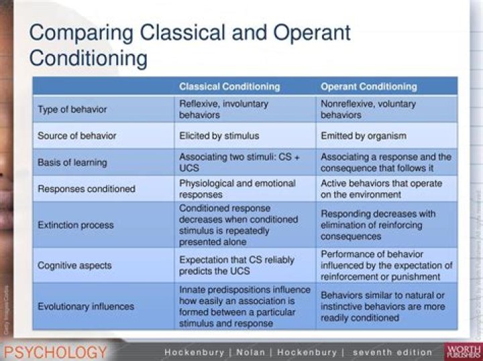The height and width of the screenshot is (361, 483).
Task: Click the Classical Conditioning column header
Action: (x=229, y=86)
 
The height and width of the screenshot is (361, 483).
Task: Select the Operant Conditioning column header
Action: (x=368, y=86)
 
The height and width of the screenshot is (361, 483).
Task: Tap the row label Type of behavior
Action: (x=72, y=109)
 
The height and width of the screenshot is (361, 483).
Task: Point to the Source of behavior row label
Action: (x=76, y=136)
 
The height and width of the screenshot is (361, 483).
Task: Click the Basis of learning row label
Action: (x=72, y=162)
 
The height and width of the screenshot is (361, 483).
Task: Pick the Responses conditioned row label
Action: (x=86, y=189)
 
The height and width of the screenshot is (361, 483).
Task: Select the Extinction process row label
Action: (x=76, y=225)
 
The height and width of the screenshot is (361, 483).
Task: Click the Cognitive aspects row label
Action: (x=75, y=266)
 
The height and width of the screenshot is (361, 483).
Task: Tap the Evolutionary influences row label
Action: (x=86, y=306)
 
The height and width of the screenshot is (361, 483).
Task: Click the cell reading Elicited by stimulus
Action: (x=219, y=136)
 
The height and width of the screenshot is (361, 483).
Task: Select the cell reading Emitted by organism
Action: (x=364, y=136)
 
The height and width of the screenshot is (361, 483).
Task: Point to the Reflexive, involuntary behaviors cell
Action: (x=223, y=109)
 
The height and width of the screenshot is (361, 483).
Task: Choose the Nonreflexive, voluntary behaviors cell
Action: (x=368, y=109)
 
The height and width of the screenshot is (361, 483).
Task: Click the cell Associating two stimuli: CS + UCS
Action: (x=239, y=162)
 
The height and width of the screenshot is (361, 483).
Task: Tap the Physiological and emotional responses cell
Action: (x=237, y=189)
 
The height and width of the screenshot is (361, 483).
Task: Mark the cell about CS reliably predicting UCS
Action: (x=236, y=266)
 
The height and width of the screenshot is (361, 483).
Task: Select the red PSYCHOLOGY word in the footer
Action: (x=56, y=352)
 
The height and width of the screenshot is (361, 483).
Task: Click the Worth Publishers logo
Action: (x=463, y=352)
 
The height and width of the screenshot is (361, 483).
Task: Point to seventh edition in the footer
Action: (x=392, y=352)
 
